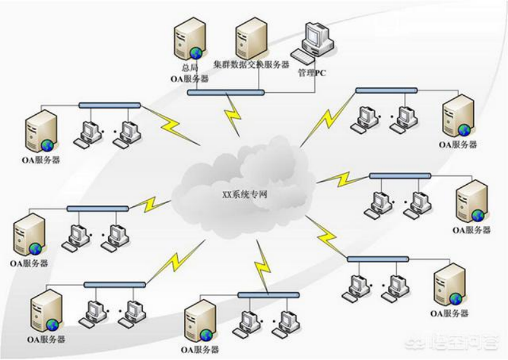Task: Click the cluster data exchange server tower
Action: (250, 36)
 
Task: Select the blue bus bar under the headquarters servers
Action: (225, 93)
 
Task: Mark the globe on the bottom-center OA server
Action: (206, 335)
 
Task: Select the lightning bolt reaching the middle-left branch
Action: (151, 204)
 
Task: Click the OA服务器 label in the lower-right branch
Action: (450, 314)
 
